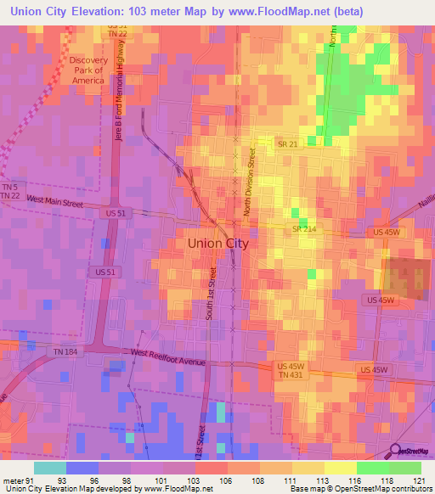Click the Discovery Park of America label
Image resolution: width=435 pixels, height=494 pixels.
pyautogui.click(x=88, y=70)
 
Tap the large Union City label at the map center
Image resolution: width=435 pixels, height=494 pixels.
pyautogui.click(x=217, y=243)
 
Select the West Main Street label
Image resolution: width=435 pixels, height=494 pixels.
pyautogui.click(x=54, y=200)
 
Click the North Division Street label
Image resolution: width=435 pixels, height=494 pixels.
pyautogui.click(x=251, y=182)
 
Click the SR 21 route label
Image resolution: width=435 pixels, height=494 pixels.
pyautogui.click(x=286, y=144)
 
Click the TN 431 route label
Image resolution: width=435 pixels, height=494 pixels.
pyautogui.click(x=290, y=375)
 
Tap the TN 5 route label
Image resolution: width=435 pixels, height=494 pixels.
pyautogui.click(x=9, y=187)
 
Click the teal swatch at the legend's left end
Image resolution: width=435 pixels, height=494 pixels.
pyautogui.click(x=50, y=468)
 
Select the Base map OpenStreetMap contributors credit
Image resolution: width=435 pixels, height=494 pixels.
pyautogui.click(x=360, y=489)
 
